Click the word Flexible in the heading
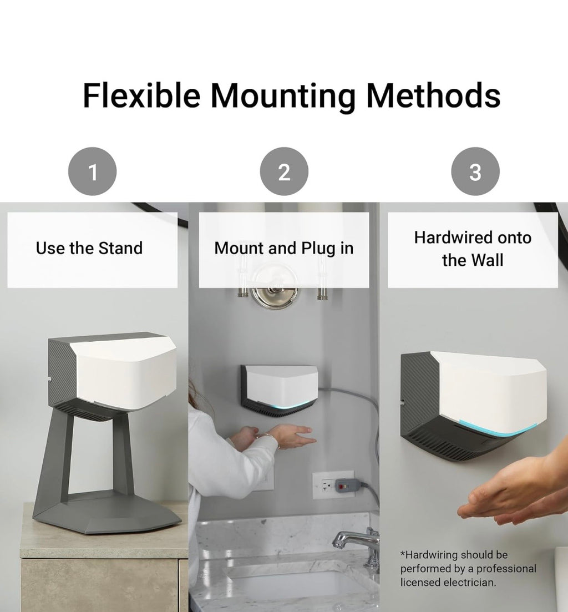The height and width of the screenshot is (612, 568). [x=141, y=95]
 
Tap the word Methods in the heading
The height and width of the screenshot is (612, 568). [x=433, y=95]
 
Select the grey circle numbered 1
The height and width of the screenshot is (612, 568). [x=92, y=171]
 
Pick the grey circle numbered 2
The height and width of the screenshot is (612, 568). [x=284, y=171]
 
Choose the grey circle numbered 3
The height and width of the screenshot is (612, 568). [x=475, y=171]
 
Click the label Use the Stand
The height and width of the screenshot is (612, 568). [x=89, y=248]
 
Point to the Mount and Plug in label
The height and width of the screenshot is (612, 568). [x=283, y=248]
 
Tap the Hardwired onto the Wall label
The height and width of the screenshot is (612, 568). [x=473, y=249]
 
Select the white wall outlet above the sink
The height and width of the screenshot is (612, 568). [x=333, y=485]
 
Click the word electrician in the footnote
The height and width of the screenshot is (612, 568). [x=464, y=583]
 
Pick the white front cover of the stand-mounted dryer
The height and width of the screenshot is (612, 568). [x=126, y=371]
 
